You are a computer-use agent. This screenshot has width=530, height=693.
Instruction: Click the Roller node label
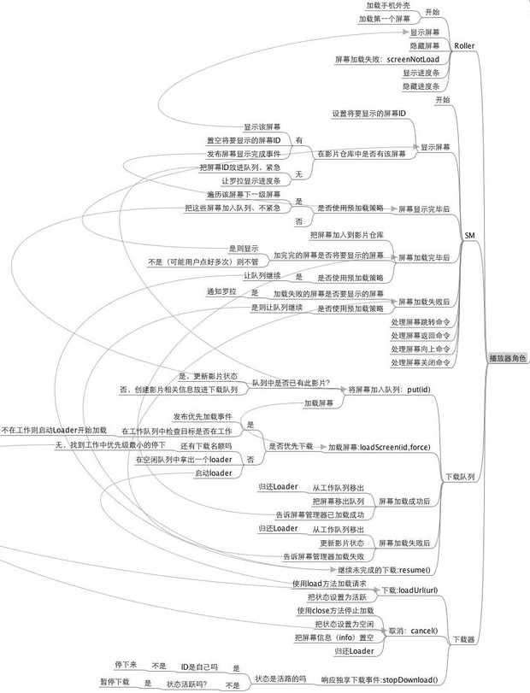coord(464,45)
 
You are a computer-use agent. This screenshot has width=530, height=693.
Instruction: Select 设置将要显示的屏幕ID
coord(368,113)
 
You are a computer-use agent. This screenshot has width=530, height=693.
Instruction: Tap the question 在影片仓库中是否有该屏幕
coord(359,154)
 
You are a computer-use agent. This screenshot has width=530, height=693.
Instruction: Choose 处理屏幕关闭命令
coord(420,362)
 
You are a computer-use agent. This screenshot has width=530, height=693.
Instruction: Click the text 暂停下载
coord(115,683)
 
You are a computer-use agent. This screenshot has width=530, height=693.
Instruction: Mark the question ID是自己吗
coord(199,667)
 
